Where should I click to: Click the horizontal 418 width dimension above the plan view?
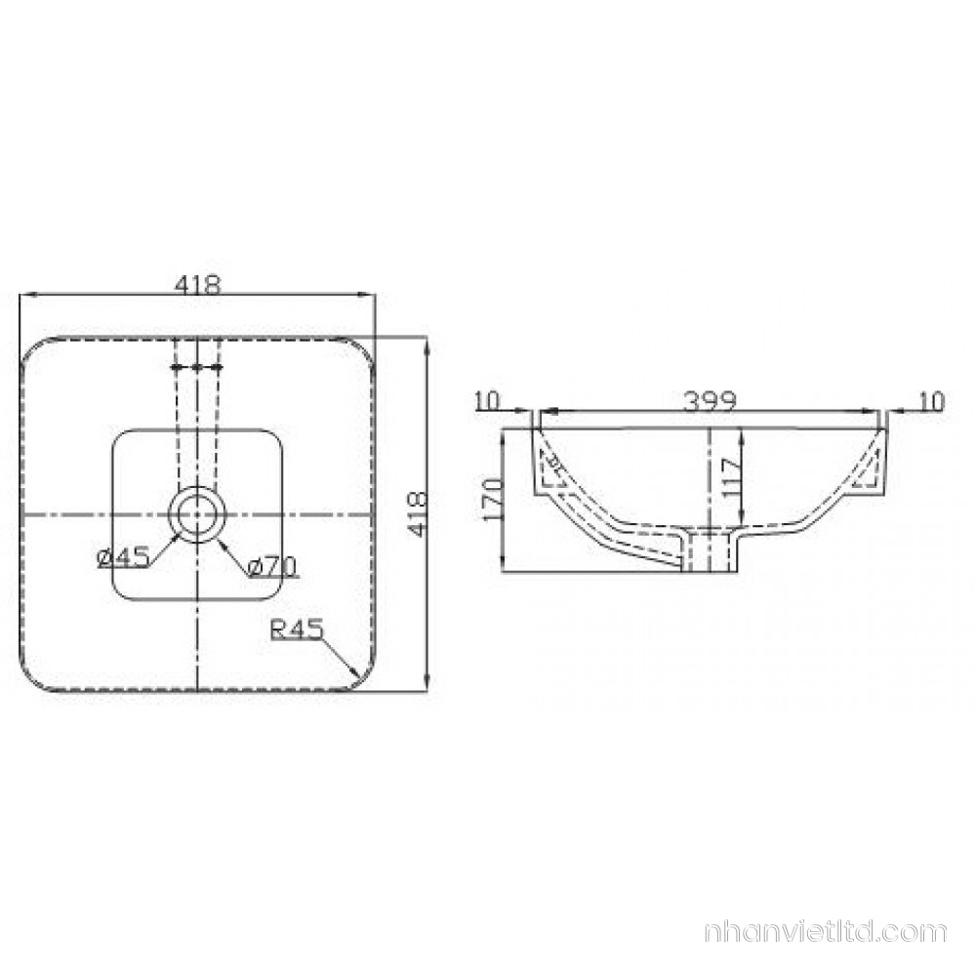click(x=198, y=284)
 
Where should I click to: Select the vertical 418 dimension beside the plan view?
click(x=417, y=513)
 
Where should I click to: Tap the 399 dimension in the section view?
click(x=711, y=399)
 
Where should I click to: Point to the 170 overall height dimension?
click(x=494, y=499)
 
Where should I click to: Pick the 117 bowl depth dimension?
click(x=731, y=478)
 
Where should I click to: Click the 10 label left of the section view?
click(x=486, y=400)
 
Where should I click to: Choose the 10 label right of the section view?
click(x=932, y=400)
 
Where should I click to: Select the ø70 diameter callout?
click(x=272, y=564)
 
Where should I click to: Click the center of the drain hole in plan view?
click(x=197, y=513)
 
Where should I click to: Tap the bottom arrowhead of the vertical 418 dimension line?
click(x=427, y=685)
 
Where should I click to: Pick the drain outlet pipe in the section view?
click(x=710, y=551)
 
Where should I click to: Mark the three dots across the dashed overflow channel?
click(x=197, y=368)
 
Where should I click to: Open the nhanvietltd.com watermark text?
click(x=825, y=932)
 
